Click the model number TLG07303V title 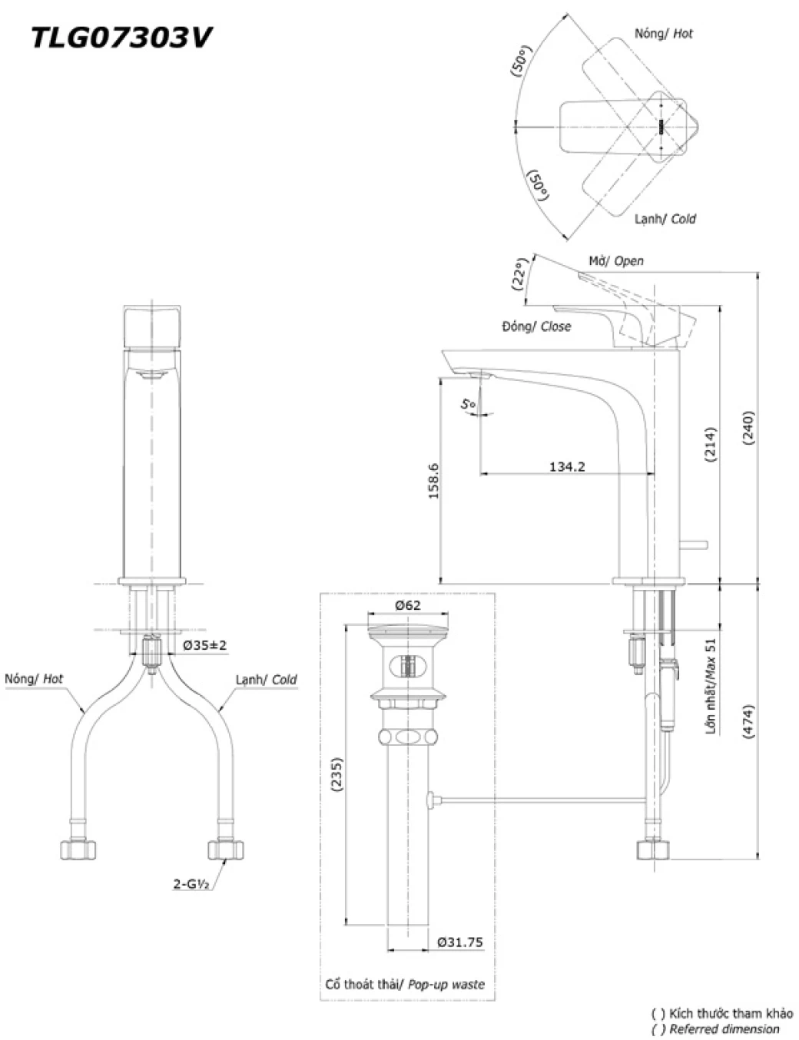click(x=121, y=37)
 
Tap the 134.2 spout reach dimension click(x=567, y=465)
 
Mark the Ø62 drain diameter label click(x=408, y=605)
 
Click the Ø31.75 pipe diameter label click(x=460, y=942)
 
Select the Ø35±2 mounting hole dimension click(x=204, y=645)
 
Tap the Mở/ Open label click(x=616, y=261)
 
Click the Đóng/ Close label click(x=536, y=326)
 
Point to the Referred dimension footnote click(x=722, y=1029)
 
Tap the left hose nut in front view click(x=79, y=849)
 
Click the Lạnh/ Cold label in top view click(x=665, y=219)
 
